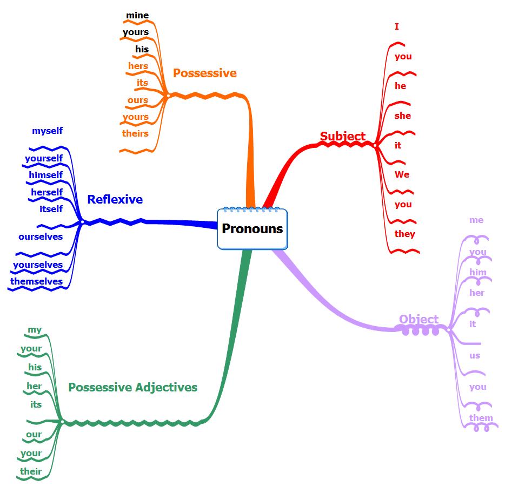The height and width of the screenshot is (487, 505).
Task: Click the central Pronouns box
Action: tap(252, 228)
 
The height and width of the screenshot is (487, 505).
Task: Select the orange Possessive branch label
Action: tap(204, 73)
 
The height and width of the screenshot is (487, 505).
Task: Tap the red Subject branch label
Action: tap(342, 136)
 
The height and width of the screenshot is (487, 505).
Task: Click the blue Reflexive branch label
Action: tap(115, 199)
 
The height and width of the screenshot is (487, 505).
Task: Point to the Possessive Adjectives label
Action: tap(132, 387)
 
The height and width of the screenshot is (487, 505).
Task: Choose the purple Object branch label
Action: tap(418, 319)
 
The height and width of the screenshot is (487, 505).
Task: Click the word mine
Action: tap(137, 15)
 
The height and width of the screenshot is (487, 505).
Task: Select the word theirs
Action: tap(135, 133)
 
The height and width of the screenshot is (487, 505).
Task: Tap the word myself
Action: tap(47, 131)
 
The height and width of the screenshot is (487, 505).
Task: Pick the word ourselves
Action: tap(41, 236)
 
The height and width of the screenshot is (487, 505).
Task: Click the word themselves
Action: tap(36, 281)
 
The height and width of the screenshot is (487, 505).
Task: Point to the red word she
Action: tap(402, 116)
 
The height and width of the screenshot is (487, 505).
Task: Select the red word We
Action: tap(402, 174)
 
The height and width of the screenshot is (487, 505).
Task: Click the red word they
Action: tap(404, 234)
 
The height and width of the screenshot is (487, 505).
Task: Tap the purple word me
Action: tap(476, 220)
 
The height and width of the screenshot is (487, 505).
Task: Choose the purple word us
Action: tap(475, 355)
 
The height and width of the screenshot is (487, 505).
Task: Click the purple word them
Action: tap(481, 418)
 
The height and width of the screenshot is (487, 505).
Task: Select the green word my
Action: tap(35, 330)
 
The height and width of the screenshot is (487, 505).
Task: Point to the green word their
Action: tap(31, 471)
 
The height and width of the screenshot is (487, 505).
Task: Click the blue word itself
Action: tap(51, 209)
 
